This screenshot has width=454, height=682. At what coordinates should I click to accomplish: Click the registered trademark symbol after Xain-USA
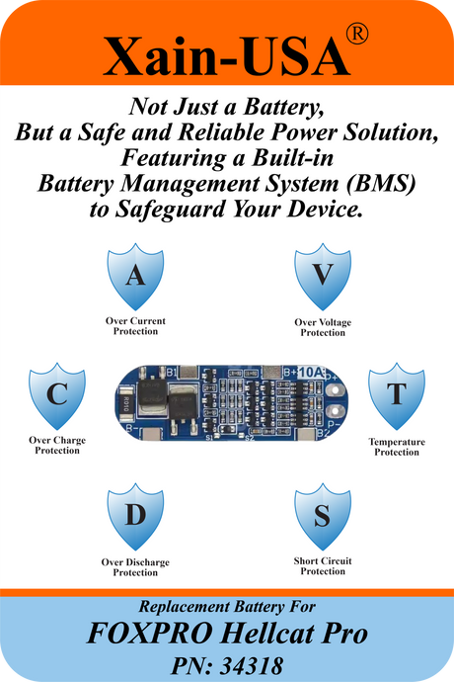click(x=357, y=34)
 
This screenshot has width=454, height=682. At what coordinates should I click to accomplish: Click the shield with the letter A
click(x=135, y=276)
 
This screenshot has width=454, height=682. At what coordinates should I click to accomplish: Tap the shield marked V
click(x=323, y=276)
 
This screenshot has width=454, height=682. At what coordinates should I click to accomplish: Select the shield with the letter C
click(x=57, y=395)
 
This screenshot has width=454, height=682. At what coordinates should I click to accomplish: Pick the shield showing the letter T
click(x=397, y=395)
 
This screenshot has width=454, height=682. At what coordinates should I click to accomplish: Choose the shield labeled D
click(x=135, y=516)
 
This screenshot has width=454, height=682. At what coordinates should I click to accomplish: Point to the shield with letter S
click(x=323, y=516)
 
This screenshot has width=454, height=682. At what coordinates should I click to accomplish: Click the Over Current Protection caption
click(x=135, y=326)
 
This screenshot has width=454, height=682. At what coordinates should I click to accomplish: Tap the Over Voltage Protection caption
click(x=323, y=327)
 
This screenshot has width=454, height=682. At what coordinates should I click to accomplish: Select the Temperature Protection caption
click(x=397, y=447)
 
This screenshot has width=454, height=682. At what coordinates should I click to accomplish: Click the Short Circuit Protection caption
click(x=323, y=566)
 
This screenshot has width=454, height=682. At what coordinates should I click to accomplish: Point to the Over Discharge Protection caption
click(x=135, y=567)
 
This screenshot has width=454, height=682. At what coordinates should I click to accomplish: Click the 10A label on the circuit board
click(x=311, y=373)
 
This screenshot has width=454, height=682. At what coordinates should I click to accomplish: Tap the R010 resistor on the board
click(x=125, y=404)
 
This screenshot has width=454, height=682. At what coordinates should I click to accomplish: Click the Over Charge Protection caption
click(x=57, y=446)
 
